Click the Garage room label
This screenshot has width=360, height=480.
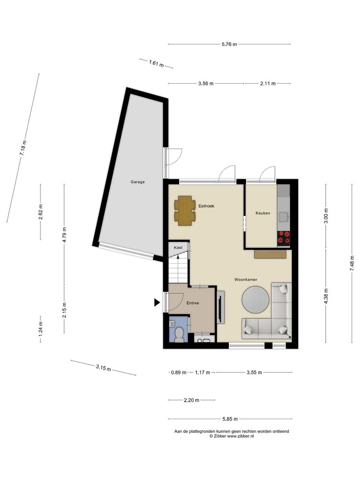tap(137, 182)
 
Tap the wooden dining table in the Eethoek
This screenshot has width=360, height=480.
tap(185, 211)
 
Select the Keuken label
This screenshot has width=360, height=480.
tap(263, 213)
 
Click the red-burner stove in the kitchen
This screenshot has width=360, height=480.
tap(284, 238)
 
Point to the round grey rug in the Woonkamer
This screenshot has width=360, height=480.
tap(256, 300)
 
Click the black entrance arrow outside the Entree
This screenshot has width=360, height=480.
tap(157, 303)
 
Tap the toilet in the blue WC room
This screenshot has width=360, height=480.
tap(179, 334)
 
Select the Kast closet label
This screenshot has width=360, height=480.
tap(178, 248)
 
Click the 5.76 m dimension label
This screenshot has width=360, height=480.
tap(229, 44)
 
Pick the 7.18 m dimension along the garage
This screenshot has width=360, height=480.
tap(23, 148)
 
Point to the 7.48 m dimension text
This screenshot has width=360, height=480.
tap(352, 263)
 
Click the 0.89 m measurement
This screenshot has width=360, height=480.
tap(179, 372)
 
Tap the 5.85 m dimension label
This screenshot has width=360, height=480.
tap(230, 419)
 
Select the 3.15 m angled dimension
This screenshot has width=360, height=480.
tap(103, 368)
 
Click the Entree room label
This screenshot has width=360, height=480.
tap(193, 303)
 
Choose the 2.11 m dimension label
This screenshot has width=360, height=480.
tap(268, 83)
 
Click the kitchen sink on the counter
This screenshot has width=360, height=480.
tap(284, 216)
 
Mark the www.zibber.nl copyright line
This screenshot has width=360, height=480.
tap(232, 436)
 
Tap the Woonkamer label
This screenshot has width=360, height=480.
tap(246, 280)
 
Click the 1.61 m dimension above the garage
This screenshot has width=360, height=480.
tap(156, 64)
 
